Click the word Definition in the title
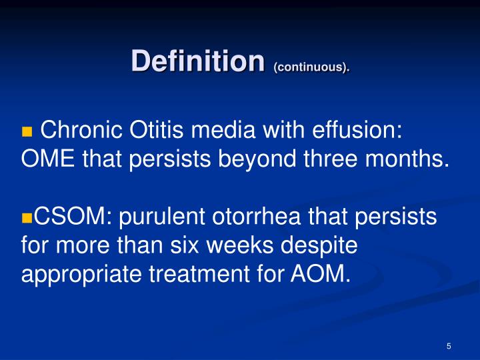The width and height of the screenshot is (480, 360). pos(198,61)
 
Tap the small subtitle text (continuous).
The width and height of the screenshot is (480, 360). pos(311,67)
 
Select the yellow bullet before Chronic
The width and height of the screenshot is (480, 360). pos(27,131)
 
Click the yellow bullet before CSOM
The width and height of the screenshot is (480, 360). pos(27,218)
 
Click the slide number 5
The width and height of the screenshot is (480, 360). pos(449,346)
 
